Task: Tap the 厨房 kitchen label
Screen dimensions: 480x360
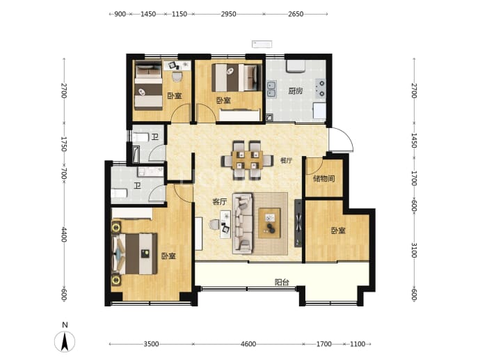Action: [x=296, y=91]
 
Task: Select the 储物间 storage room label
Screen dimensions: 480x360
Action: [x=324, y=179]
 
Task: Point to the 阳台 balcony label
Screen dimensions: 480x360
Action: [x=282, y=282]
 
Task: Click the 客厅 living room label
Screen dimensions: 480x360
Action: [x=220, y=202]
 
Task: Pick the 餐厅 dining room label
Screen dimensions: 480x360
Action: [x=286, y=161]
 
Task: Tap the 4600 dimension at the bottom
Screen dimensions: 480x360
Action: [x=248, y=344]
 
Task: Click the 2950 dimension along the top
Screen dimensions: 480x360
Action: [x=228, y=14]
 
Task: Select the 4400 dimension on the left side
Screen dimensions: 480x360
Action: [x=64, y=235]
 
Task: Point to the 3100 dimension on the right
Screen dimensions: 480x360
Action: [x=414, y=250]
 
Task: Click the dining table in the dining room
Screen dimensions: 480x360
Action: [x=248, y=160]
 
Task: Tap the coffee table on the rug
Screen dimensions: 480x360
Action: [x=269, y=223]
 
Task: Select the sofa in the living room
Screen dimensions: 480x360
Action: [x=243, y=224]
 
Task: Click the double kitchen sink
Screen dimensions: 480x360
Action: [x=271, y=89]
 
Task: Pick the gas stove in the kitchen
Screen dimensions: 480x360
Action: [x=321, y=88]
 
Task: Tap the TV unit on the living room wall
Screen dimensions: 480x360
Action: [x=298, y=224]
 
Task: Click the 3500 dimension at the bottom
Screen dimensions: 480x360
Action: [x=151, y=344]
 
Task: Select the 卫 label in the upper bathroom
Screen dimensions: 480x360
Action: [x=155, y=137]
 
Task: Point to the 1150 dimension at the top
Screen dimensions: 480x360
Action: [x=179, y=14]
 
